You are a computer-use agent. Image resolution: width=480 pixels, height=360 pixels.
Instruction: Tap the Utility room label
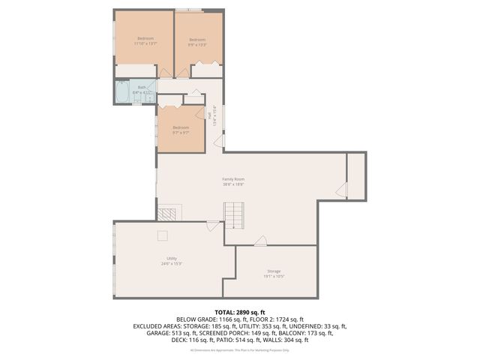pyautogui.click(x=172, y=260)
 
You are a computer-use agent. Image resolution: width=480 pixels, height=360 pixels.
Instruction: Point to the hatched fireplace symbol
pyautogui.click(x=172, y=212)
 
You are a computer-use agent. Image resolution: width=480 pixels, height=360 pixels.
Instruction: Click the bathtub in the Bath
pyautogui.click(x=123, y=92)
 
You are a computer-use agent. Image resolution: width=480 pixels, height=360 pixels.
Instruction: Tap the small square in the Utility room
pyautogui.click(x=161, y=236)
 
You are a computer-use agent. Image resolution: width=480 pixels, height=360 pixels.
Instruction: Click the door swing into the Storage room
pyautogui.click(x=260, y=241)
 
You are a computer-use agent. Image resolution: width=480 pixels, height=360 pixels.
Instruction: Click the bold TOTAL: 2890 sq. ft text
pyautogui.click(x=239, y=311)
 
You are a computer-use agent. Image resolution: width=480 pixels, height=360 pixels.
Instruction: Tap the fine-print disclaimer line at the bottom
pyautogui.click(x=239, y=349)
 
